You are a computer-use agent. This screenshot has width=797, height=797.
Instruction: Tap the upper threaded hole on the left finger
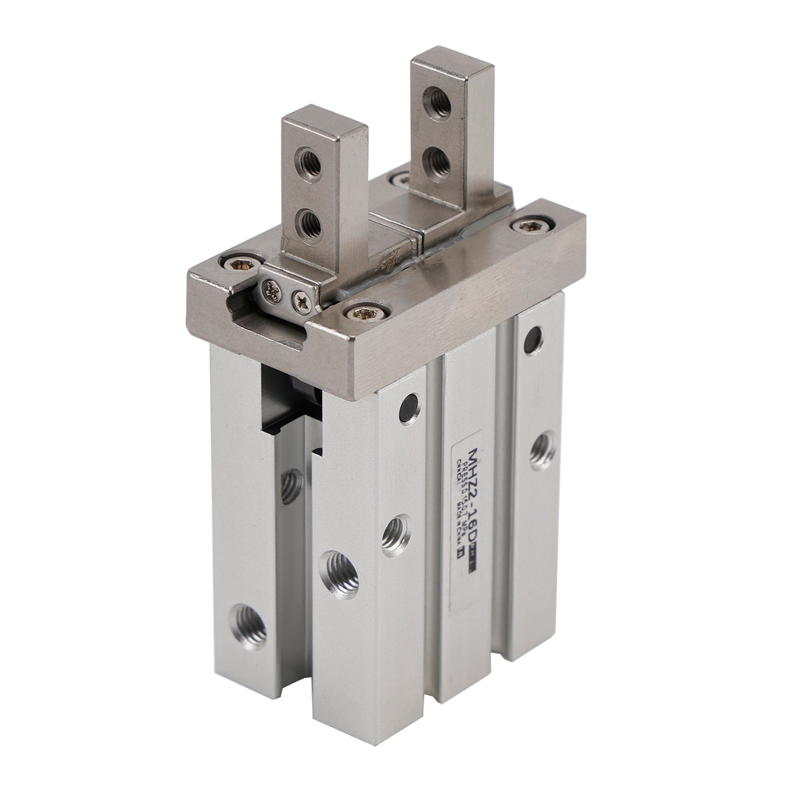pos(310,160)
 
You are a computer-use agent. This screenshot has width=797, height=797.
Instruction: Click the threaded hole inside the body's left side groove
pos(290,487)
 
